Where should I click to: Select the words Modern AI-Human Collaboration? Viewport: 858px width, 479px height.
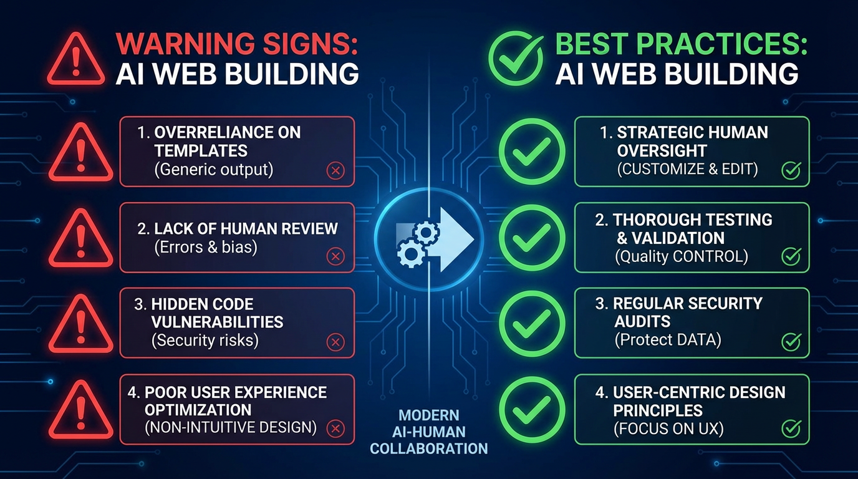(428, 432)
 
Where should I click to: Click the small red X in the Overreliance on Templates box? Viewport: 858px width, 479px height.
(335, 170)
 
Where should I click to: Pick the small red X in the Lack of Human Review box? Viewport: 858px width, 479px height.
(335, 256)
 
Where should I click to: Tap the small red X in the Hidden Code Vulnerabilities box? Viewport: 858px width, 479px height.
(335, 342)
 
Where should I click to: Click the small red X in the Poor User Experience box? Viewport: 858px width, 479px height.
(335, 428)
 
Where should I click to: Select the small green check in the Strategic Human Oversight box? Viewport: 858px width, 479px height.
(791, 170)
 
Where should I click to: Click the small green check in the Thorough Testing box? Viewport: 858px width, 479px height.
(791, 256)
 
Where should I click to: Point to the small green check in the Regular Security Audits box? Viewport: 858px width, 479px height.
(791, 341)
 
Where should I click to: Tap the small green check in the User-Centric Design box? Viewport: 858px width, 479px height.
(791, 428)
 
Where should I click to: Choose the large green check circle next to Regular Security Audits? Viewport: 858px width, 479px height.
(532, 323)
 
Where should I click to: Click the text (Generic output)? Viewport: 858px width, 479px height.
(213, 169)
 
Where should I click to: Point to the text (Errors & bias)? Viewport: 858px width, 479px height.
(206, 247)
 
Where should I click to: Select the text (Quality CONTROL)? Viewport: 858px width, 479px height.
(682, 256)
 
